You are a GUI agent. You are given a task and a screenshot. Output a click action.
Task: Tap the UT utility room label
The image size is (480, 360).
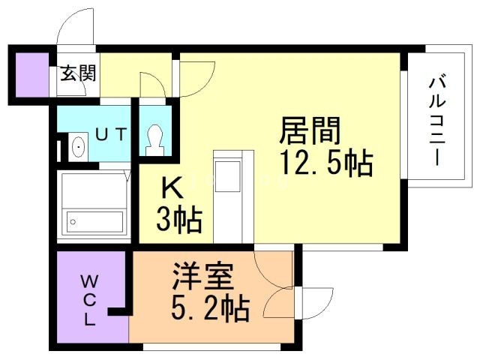(x=111, y=135)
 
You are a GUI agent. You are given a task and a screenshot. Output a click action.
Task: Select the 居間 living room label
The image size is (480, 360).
(x=310, y=132)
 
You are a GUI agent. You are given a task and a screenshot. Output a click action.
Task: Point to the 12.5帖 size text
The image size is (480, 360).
(x=326, y=163)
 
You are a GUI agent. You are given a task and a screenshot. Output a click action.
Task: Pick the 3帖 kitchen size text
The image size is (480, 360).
(x=178, y=220)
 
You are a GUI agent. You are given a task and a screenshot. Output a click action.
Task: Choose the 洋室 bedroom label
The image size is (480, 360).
(x=202, y=275)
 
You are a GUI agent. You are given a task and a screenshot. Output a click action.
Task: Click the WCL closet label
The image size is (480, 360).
(x=89, y=301)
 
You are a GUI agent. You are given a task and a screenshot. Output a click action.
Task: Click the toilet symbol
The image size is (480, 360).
(x=155, y=139)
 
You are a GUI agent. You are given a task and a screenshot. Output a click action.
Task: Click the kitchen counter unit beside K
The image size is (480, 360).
(x=228, y=196)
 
